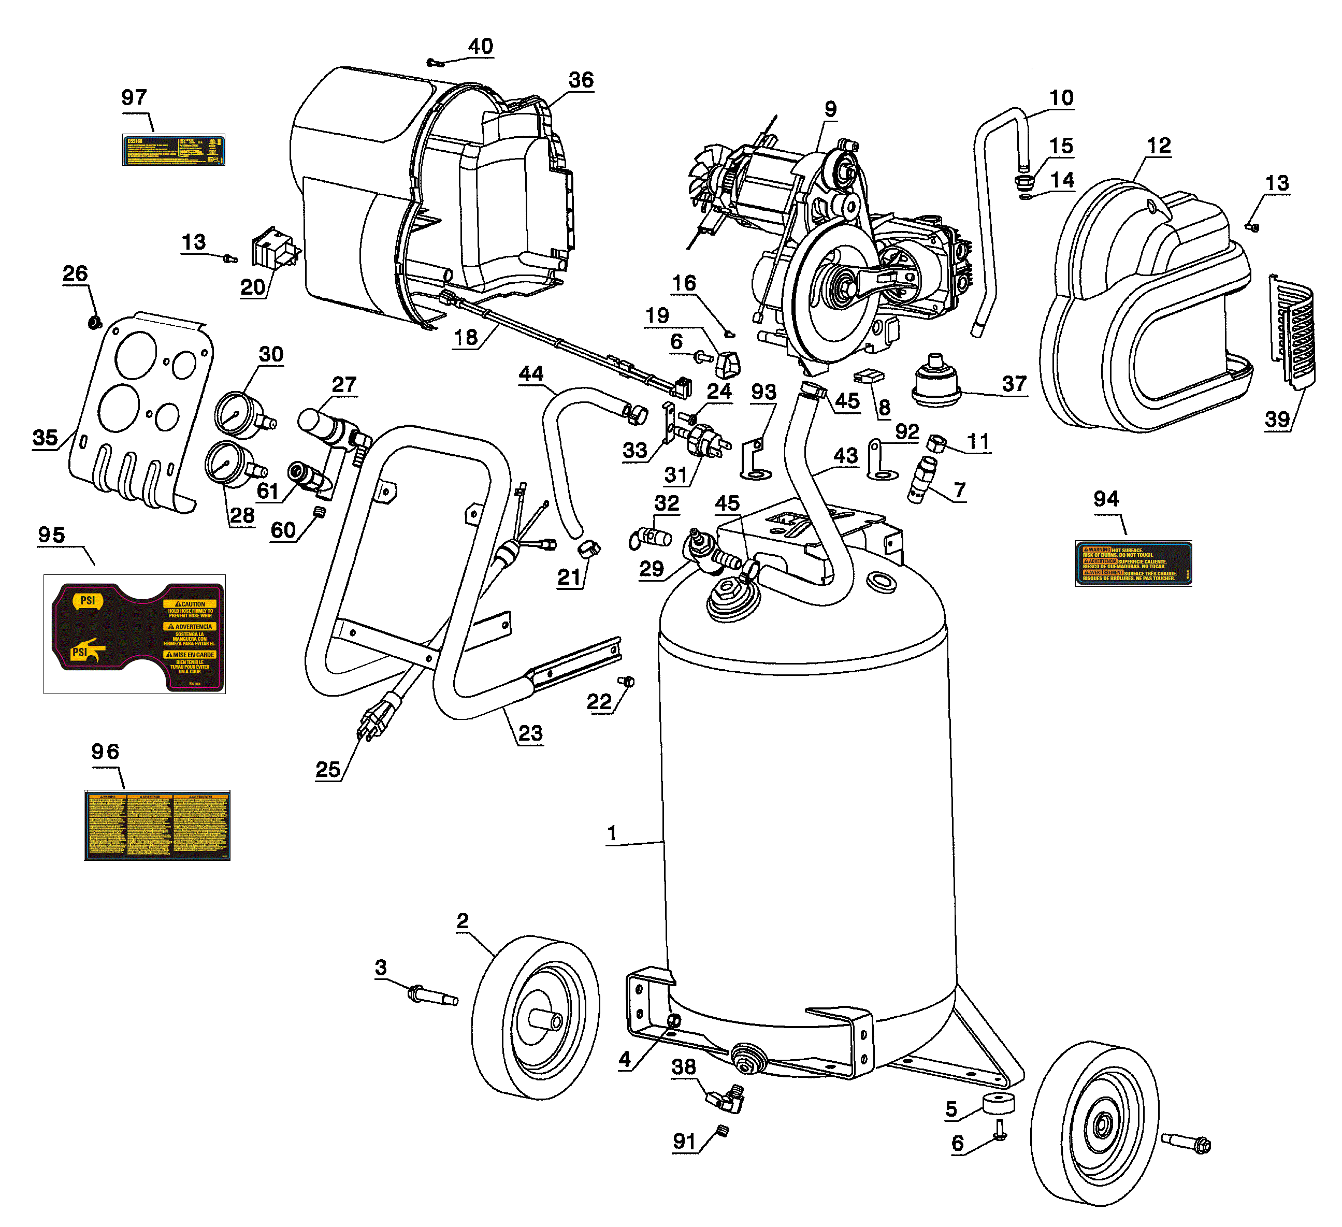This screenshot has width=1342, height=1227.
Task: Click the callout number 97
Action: tap(134, 98)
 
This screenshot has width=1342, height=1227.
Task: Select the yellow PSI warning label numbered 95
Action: tap(135, 634)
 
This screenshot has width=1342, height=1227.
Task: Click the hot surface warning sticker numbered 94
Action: tap(1132, 563)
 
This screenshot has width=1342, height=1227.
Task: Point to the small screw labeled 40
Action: tap(436, 63)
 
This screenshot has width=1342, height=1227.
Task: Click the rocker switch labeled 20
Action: tap(272, 248)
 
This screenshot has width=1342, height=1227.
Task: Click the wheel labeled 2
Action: tap(535, 1016)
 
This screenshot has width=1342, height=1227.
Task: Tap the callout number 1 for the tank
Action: tap(612, 833)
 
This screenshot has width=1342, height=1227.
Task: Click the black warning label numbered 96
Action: tap(157, 825)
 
